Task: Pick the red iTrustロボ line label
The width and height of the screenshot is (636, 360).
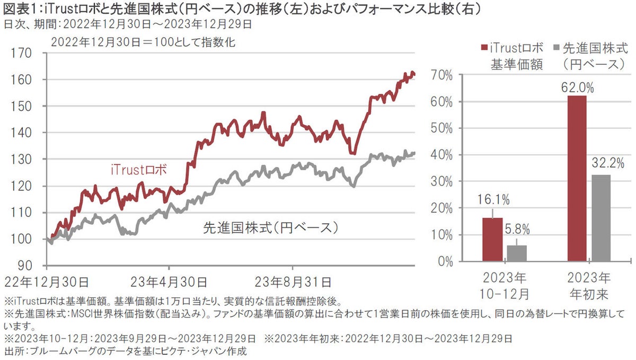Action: [x=139, y=170]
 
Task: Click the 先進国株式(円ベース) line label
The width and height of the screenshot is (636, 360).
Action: [x=271, y=228]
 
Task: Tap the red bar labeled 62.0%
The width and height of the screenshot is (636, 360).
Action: [x=576, y=178]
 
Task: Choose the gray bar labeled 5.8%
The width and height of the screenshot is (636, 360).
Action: [x=517, y=253]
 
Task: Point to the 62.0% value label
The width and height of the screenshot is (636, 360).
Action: [x=576, y=86]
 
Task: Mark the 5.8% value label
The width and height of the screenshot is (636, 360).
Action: [x=517, y=231]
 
